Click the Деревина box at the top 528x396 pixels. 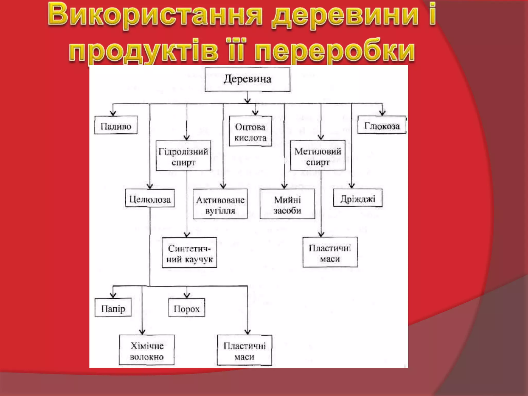[247, 79]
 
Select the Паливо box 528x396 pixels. [116, 125]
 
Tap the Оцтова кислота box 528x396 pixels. [250, 131]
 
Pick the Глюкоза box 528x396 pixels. [382, 125]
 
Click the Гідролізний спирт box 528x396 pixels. [183, 156]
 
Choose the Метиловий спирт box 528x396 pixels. [318, 155]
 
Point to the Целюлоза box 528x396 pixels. [150, 198]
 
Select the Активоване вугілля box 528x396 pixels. [220, 204]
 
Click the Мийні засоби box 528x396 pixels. [287, 204]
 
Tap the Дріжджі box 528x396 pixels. [358, 198]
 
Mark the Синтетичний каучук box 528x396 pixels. [189, 253]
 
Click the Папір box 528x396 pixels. [113, 308]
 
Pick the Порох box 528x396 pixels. [187, 308]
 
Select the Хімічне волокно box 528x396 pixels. [147, 350]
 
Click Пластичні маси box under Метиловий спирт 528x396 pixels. [330, 252]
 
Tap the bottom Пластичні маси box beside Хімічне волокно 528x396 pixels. [244, 350]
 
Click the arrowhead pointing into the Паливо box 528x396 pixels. [113, 113]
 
